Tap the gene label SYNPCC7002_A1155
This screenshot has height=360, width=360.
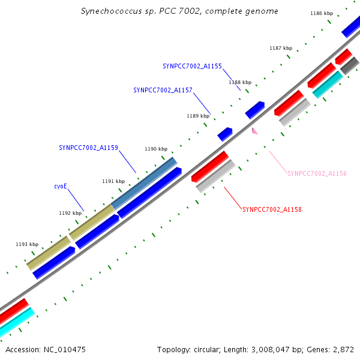(x=192, y=66)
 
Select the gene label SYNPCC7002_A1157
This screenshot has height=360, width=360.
(x=163, y=90)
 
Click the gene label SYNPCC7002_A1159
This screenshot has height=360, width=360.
(x=88, y=148)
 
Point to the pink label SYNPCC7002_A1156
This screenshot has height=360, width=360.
(x=317, y=173)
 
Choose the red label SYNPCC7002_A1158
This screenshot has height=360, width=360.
(x=272, y=209)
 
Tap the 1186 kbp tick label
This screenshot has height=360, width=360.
(x=322, y=13)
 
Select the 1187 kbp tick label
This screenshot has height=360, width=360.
(x=281, y=48)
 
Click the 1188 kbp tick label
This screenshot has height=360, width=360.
(x=240, y=82)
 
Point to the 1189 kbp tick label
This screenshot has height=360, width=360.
(x=198, y=116)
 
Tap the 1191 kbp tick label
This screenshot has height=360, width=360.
(x=113, y=181)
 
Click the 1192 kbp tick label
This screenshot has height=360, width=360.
(x=70, y=213)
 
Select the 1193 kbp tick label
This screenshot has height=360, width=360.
(x=27, y=244)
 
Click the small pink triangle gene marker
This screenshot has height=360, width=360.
(x=254, y=130)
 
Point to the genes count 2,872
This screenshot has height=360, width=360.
(x=343, y=349)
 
